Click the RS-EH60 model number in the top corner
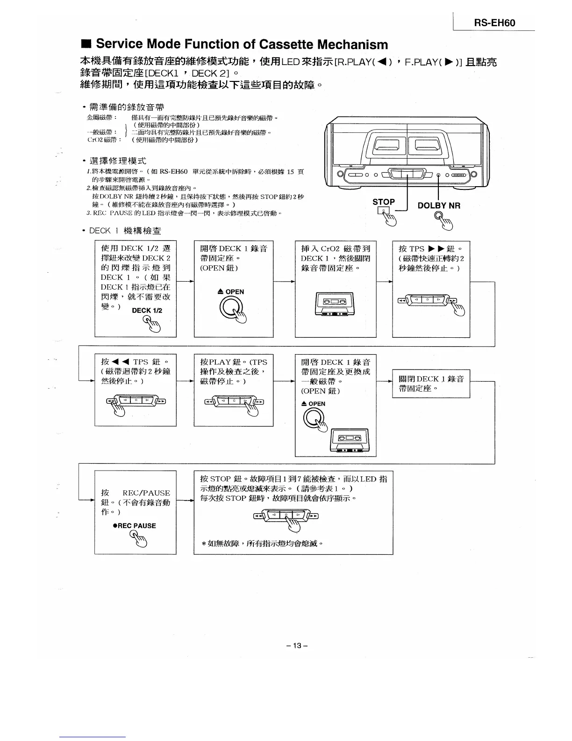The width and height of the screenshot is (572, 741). [495, 23]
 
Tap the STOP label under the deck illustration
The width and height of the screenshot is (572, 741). [383, 202]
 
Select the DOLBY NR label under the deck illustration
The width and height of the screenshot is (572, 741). [439, 205]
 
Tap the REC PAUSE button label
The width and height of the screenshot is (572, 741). [135, 526]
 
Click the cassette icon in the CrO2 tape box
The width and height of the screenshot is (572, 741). [335, 304]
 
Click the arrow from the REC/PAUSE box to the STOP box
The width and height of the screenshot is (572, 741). [185, 500]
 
